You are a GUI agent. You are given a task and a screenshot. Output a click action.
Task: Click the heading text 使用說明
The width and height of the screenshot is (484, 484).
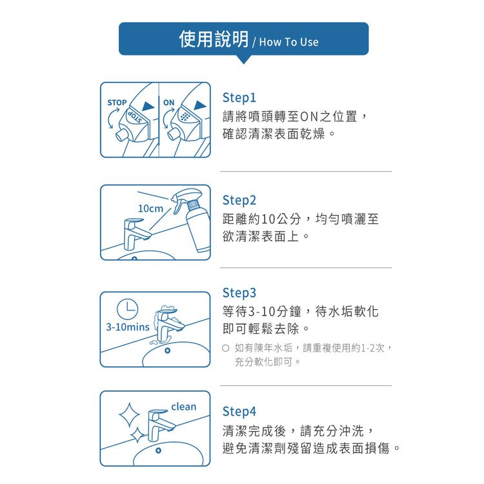[214, 39]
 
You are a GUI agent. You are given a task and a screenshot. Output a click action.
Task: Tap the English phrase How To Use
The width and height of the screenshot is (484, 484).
[288, 42]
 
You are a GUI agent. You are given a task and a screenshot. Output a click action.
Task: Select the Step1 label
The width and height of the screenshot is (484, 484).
[239, 98]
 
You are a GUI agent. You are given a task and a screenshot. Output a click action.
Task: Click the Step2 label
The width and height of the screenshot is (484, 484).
[239, 201]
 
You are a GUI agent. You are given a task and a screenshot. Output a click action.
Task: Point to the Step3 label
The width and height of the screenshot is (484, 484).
[239, 293]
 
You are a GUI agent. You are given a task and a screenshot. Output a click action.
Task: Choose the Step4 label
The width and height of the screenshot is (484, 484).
[239, 412]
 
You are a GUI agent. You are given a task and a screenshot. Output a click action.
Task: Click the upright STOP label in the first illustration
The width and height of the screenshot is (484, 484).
[117, 103]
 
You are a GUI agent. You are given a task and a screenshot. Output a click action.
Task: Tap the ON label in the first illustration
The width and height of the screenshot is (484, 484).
[169, 103]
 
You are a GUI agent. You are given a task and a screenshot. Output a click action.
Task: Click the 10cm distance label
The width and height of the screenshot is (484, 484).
[150, 208]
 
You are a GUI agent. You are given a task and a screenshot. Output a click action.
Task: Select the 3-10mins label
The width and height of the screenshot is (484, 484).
[128, 327]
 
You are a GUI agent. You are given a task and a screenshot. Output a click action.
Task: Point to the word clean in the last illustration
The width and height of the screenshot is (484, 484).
[184, 407]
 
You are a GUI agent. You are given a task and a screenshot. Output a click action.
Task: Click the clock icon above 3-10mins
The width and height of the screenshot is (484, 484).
[128, 308]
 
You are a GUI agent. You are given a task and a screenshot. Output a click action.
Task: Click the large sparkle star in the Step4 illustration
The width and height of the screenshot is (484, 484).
[129, 415]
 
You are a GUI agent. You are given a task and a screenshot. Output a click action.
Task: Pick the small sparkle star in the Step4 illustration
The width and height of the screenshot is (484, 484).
[137, 435]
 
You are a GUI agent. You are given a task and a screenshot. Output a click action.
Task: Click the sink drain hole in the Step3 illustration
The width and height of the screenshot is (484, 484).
[168, 350]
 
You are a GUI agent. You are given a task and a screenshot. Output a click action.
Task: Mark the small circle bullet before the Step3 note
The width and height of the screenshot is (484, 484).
[226, 348]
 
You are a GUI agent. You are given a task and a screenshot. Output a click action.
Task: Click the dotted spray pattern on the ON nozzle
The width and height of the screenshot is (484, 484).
[185, 116]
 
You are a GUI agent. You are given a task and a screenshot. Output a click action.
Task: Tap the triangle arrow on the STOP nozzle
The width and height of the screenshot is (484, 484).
[148, 106]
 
